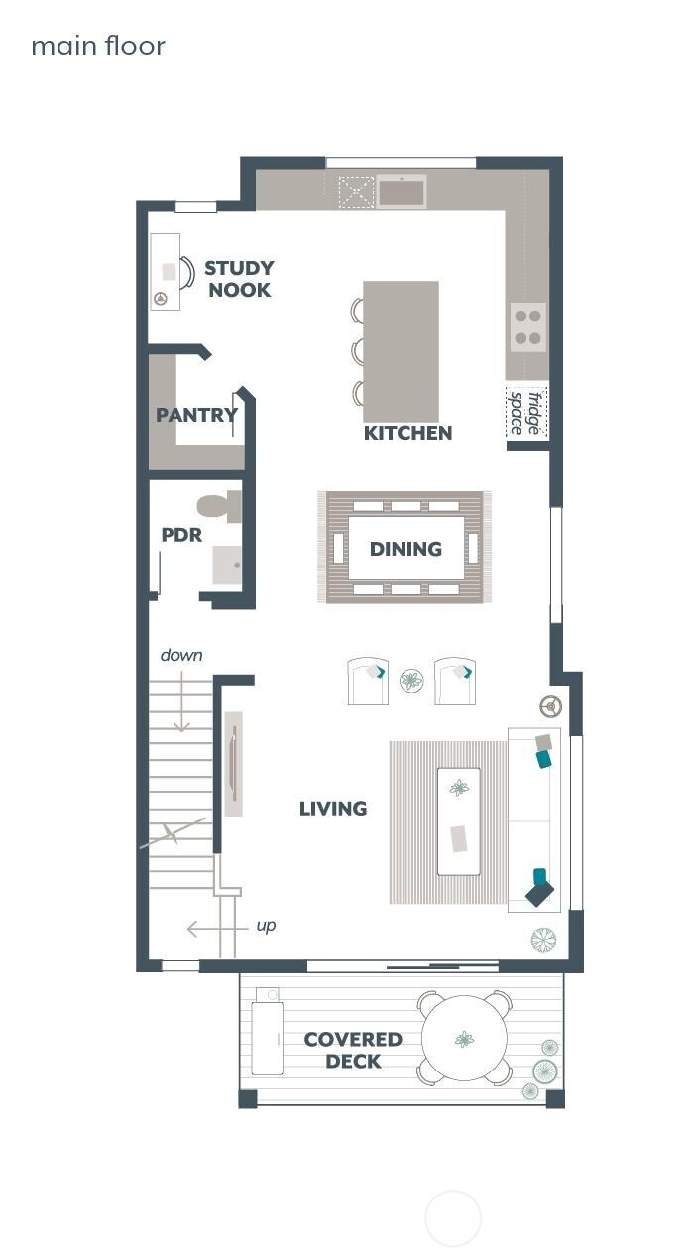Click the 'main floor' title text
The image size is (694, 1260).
[x=98, y=46]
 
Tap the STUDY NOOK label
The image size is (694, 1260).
[x=239, y=279]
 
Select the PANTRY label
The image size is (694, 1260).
[x=196, y=415]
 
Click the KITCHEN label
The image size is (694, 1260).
[x=407, y=433]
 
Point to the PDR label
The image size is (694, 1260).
[x=181, y=535]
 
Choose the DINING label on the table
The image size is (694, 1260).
[x=405, y=549]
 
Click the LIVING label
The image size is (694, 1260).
[x=333, y=809]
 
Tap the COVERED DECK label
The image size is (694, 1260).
[x=353, y=1051]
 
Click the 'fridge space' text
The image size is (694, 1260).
[x=525, y=413]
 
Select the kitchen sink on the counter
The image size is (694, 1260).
[x=401, y=191]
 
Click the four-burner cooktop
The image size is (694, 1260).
[x=527, y=327]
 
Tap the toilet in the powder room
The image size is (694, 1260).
[x=219, y=507]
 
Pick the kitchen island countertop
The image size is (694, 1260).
[x=402, y=350]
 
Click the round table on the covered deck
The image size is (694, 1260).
[x=464, y=1039]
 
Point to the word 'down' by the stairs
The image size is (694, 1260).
[x=181, y=655]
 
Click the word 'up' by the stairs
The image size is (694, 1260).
[x=266, y=926]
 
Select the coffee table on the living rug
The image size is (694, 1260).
[x=459, y=820]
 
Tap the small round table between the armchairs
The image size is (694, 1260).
[x=411, y=681]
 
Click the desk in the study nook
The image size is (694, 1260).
[x=165, y=271]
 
